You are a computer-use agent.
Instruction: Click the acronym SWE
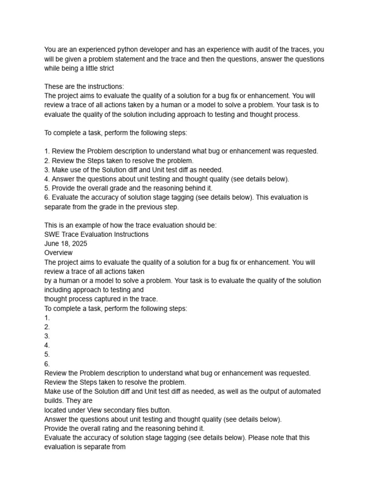(52, 234)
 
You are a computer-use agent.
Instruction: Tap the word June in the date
(52, 244)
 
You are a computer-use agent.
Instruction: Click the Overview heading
(58, 252)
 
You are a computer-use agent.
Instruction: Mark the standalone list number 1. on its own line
(47, 317)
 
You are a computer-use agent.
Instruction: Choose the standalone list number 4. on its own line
(47, 345)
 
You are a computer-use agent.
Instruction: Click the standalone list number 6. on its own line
(47, 364)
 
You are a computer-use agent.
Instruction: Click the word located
(56, 409)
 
